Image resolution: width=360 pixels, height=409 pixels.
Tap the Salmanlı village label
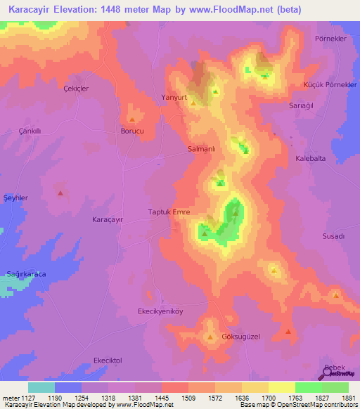click(x=206, y=149)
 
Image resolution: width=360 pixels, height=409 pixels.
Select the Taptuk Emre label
click(x=169, y=212)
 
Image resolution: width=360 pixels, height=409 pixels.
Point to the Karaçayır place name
click(x=108, y=219)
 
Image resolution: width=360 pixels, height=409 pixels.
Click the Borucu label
click(x=132, y=131)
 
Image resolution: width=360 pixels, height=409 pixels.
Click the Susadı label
click(x=333, y=236)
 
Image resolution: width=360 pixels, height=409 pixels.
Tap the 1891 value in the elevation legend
click(x=345, y=396)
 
